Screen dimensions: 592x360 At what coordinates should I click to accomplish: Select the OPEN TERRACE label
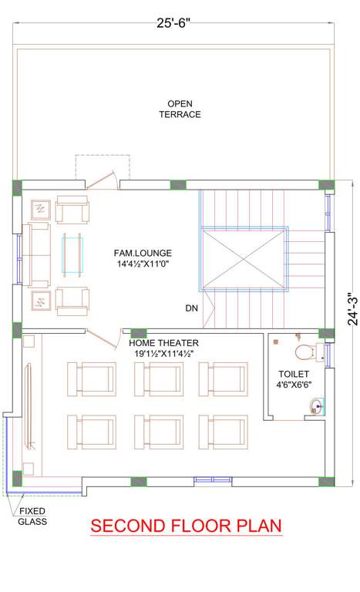point(180,109)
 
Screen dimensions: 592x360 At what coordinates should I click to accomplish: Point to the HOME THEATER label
point(164,342)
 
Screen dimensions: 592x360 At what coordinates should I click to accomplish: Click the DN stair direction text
point(192,308)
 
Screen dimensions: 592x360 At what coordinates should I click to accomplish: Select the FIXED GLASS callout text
point(32,516)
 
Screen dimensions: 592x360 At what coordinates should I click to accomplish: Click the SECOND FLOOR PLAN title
point(186,526)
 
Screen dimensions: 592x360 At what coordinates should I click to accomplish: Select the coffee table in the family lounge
point(72,254)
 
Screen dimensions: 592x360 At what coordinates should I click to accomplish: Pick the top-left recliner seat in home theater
point(93,378)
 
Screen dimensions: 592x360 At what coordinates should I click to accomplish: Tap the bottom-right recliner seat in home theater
point(224,431)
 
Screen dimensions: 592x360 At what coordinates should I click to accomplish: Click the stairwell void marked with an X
point(244,258)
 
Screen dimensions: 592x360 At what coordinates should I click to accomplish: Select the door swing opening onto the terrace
point(103,177)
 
